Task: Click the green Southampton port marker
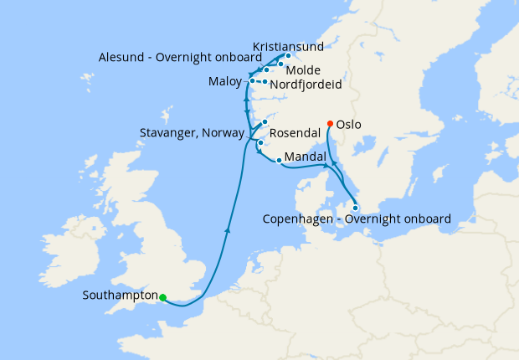click(x=163, y=297)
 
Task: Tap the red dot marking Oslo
click(x=330, y=124)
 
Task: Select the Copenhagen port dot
click(x=356, y=208)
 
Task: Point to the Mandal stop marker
click(x=278, y=160)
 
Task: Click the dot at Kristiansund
click(x=288, y=56)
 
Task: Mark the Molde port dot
click(x=280, y=64)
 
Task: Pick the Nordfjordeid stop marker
click(x=264, y=82)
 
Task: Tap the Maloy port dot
click(x=252, y=81)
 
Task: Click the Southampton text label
click(x=121, y=296)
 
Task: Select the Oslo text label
click(x=348, y=124)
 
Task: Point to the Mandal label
click(x=306, y=157)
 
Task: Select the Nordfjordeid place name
click(x=307, y=84)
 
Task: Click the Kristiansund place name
click(x=288, y=45)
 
